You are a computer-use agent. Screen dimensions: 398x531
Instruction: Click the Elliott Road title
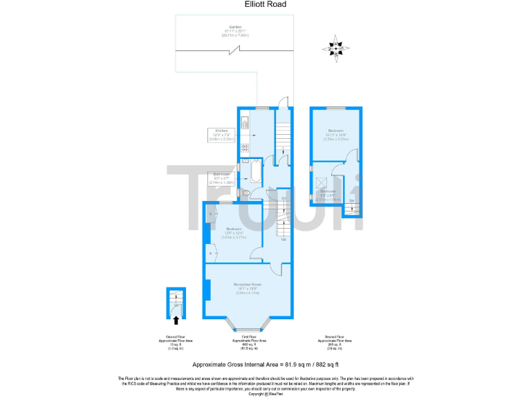(265, 5)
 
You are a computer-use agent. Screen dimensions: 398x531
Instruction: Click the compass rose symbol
(336, 47)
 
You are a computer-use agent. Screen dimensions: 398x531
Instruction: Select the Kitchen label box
(222, 135)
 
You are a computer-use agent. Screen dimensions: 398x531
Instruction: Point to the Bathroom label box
(223, 176)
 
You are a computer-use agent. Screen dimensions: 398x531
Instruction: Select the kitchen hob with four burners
(244, 147)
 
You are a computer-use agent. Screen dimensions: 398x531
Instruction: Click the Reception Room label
(246, 287)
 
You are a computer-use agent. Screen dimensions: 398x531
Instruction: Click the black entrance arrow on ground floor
(176, 319)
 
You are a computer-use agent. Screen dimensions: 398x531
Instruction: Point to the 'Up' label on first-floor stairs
(283, 240)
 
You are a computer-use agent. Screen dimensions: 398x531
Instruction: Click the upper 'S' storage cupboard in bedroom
(210, 215)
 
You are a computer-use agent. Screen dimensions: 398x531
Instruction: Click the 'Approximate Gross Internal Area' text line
(265, 363)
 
